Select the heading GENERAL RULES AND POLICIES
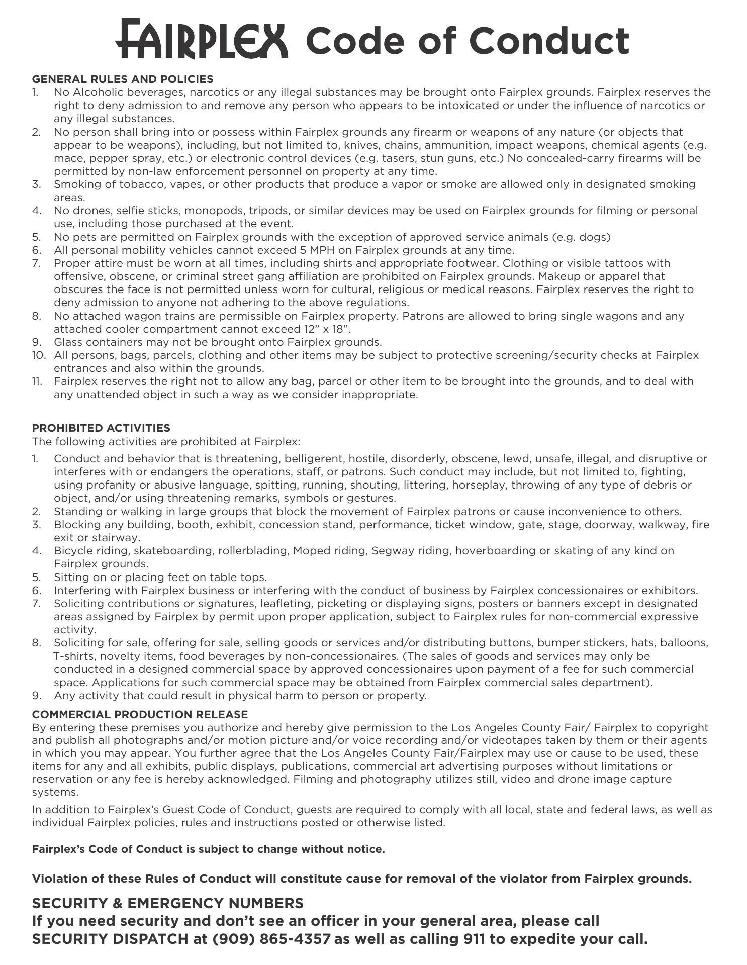tap(123, 79)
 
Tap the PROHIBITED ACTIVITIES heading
tap(101, 428)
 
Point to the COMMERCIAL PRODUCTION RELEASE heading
tap(140, 715)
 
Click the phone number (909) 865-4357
tap(272, 939)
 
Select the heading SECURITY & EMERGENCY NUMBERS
tap(168, 903)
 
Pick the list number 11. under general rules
tap(37, 381)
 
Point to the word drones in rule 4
tap(89, 211)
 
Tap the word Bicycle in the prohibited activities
tap(73, 551)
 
